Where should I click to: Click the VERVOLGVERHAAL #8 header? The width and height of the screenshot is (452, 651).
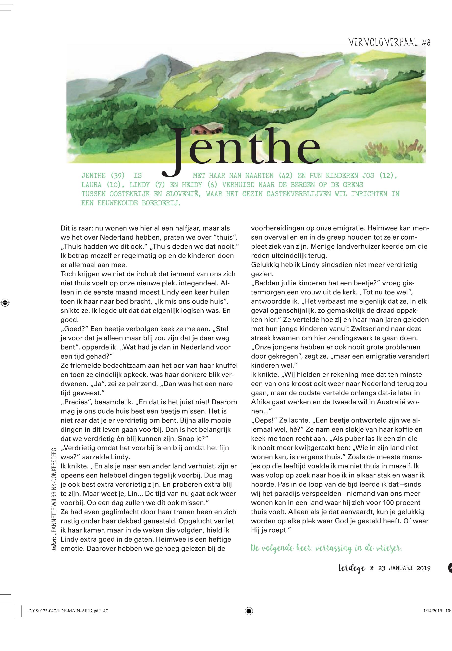(x=390, y=43)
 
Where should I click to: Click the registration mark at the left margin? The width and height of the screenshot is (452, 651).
(x=5, y=302)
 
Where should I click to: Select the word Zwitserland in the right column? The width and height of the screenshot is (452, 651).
(x=342, y=329)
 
